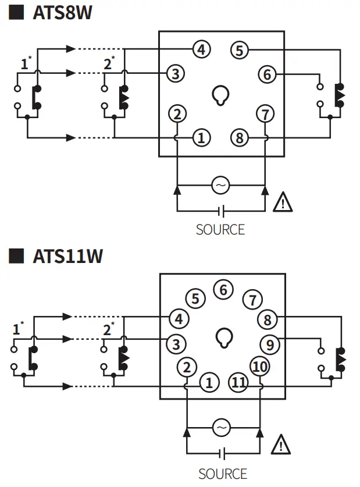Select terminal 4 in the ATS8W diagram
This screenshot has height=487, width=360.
[x=201, y=50]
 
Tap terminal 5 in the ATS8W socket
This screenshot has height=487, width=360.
[x=239, y=50]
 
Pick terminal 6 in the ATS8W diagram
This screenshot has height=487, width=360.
[x=267, y=74]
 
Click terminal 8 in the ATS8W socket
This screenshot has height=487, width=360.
[x=239, y=138]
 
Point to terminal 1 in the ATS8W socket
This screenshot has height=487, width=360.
[x=201, y=138]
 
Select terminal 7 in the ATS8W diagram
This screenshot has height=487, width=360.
[x=265, y=113]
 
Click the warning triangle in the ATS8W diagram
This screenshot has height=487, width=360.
[x=283, y=202]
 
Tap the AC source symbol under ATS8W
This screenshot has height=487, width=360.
[x=220, y=186]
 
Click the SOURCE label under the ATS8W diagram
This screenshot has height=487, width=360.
[x=220, y=229]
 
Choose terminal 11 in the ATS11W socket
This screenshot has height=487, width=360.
[x=238, y=382]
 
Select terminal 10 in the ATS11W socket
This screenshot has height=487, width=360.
[x=259, y=367]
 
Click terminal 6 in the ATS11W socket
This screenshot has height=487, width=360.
[x=222, y=289]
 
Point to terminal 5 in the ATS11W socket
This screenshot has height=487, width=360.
[x=195, y=299]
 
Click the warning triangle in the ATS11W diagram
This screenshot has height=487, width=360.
[x=281, y=445]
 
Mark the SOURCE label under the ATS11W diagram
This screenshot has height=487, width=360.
[x=222, y=474]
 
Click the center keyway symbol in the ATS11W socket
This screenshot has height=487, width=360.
[x=223, y=337]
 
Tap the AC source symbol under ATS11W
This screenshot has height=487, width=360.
[x=221, y=428]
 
